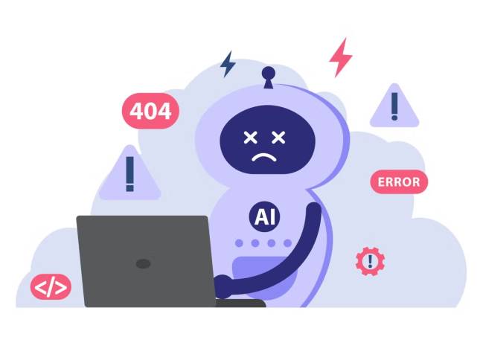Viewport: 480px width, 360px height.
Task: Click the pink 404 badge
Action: click(x=150, y=111)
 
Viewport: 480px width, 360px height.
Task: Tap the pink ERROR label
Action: click(x=399, y=182)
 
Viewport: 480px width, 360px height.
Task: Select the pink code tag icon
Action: click(x=51, y=287)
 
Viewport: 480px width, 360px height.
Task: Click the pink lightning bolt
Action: click(x=340, y=57)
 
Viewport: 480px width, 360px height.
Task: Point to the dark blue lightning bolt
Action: click(x=228, y=64)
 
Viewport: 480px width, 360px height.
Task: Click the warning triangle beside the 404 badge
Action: click(x=129, y=173)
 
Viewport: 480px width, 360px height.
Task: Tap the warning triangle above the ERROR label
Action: click(x=394, y=106)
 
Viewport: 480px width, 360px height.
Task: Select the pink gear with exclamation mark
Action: click(x=370, y=262)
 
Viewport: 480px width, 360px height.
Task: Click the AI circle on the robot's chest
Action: click(x=264, y=217)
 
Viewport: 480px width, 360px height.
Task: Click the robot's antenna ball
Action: click(x=268, y=73)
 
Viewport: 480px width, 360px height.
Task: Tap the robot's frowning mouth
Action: click(x=264, y=157)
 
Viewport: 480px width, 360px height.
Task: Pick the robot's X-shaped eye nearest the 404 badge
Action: click(x=250, y=138)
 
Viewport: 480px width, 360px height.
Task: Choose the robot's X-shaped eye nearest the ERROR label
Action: click(x=278, y=138)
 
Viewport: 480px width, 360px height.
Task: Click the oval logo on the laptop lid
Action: click(x=143, y=263)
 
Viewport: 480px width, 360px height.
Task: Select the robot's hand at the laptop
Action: click(x=223, y=286)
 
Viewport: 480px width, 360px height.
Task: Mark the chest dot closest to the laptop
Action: click(x=239, y=243)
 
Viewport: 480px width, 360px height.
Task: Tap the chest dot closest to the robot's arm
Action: click(x=287, y=243)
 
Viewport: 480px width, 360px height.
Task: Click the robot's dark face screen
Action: click(x=268, y=140)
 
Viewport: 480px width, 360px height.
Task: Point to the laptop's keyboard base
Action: click(x=240, y=303)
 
